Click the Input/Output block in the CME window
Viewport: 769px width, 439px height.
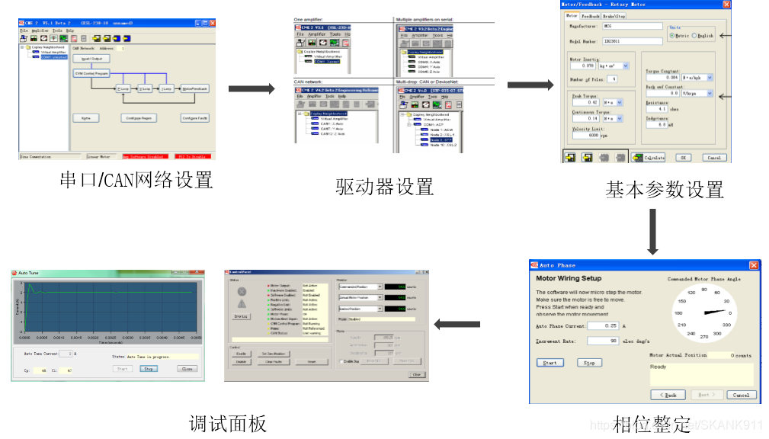[91, 59]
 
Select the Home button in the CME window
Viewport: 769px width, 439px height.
[85, 118]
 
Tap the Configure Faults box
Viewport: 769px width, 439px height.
[194, 118]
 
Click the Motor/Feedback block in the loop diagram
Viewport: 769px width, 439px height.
[194, 89]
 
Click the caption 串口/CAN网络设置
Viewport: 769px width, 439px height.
[136, 180]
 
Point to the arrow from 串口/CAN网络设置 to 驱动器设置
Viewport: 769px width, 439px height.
[252, 89]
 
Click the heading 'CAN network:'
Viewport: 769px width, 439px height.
[308, 81]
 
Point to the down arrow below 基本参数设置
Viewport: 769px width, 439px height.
[652, 231]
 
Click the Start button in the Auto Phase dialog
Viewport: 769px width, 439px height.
[550, 363]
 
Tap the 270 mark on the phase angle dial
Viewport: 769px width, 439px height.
[704, 335]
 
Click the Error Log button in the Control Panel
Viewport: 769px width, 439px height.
[241, 316]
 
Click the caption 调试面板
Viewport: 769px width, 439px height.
[228, 423]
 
